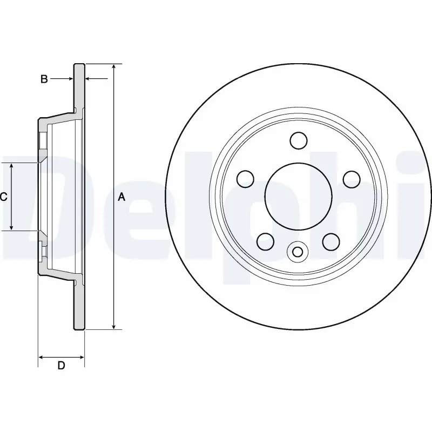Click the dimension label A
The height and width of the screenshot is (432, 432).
tap(122, 197)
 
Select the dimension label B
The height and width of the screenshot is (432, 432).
tap(44, 79)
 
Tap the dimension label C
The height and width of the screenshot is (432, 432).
tap(3, 197)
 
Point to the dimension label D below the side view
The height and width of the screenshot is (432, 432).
tap(61, 366)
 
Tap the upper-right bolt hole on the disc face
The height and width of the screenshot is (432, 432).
tap(351, 178)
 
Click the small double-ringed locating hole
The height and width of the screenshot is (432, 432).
tap(297, 251)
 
